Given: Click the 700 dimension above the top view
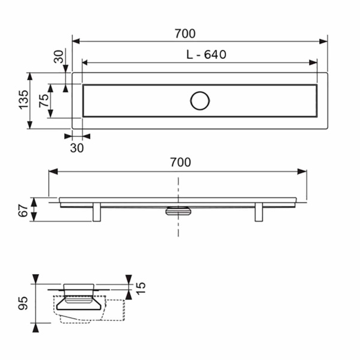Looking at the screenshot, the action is coord(185,34).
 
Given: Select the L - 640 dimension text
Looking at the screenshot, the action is coord(206,55).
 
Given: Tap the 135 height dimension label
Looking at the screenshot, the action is coord(23,100).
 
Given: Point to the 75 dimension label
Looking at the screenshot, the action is coord(44,101).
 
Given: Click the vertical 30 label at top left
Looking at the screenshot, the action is coord(59,56).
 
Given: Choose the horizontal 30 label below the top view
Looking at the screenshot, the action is coord(77,148).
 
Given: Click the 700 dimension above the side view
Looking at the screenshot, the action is coord(181,162).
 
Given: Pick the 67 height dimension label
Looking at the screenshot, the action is coord(23,211).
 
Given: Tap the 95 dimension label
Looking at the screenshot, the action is coord(23,303).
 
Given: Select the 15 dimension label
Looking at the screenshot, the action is coord(140,288).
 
